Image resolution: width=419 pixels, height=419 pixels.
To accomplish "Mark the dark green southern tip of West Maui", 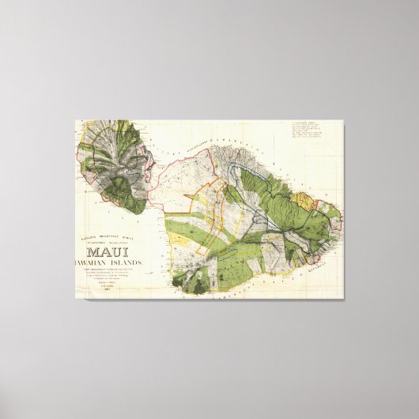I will [x=134, y=205].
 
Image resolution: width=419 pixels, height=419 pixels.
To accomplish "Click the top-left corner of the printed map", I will [x=76, y=121].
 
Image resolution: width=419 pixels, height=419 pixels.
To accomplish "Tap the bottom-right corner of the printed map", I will [x=343, y=298].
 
